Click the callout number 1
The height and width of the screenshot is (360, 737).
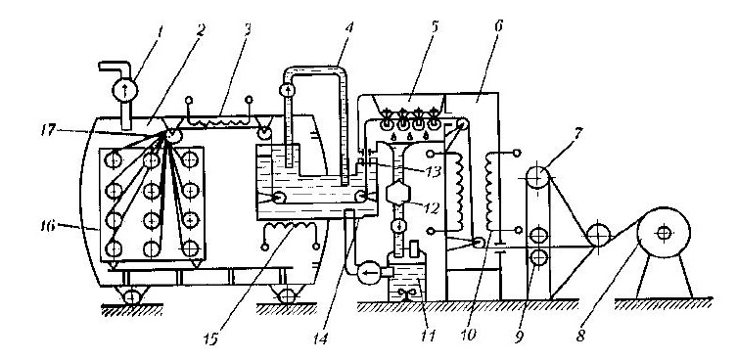[x=161, y=33]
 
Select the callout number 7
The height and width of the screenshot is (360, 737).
[x=578, y=133]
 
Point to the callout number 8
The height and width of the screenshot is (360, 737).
[x=581, y=337]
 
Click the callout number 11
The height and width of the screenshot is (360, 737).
[x=428, y=336]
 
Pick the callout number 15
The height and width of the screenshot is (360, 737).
[x=211, y=339]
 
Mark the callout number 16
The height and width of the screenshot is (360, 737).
[x=48, y=226]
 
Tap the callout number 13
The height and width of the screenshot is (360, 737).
[x=434, y=172]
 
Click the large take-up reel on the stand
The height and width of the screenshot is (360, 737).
[x=664, y=233]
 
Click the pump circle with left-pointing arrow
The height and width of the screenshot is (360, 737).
[x=369, y=273]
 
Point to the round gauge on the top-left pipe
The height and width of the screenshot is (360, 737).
[x=125, y=90]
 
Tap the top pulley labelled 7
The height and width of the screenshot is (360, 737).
[x=537, y=178]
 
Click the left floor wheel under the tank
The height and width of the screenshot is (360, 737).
[x=132, y=297]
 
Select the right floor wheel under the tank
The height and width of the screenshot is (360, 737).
[x=286, y=296]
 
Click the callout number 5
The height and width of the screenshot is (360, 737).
[x=434, y=26]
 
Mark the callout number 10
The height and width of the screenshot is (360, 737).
[x=470, y=335]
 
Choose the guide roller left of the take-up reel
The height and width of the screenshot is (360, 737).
[x=599, y=234]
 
